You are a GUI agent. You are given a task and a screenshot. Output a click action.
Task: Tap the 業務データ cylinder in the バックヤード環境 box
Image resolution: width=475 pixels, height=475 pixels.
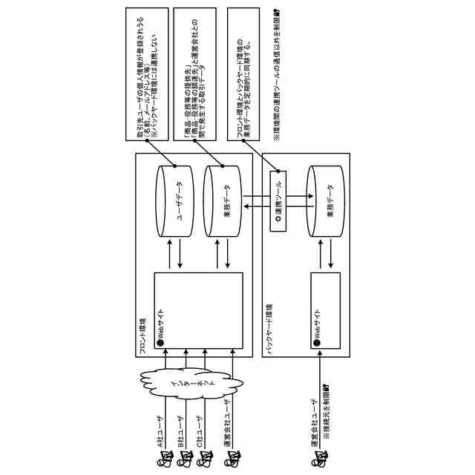[327, 201]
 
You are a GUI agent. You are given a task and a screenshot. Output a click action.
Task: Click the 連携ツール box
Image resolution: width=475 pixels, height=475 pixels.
[277, 201]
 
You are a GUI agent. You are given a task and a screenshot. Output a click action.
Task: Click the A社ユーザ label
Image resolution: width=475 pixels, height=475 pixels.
[159, 430]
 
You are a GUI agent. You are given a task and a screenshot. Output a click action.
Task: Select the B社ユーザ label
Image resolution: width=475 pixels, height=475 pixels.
[180, 430]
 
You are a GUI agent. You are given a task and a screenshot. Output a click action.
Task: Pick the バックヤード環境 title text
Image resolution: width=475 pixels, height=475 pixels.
[269, 327]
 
